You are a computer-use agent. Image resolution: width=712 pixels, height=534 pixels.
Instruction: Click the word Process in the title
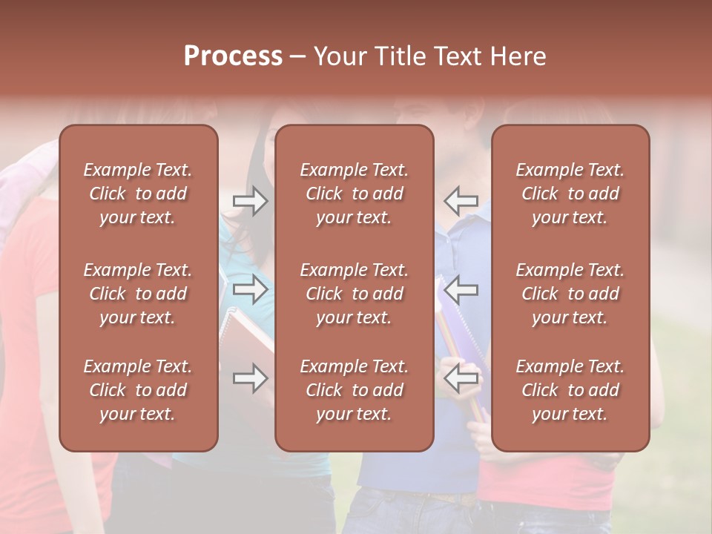point(233,56)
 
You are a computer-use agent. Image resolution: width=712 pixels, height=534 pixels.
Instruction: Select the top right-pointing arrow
point(250,201)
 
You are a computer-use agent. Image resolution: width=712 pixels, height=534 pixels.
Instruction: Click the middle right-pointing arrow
point(250,289)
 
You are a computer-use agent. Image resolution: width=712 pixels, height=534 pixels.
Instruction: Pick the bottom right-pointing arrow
point(250,378)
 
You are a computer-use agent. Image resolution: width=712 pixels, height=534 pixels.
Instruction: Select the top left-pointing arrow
point(461,201)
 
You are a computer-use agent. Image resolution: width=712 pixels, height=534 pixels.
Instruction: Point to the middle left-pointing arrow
point(461,289)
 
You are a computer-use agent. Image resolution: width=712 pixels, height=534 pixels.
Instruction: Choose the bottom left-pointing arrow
point(461,378)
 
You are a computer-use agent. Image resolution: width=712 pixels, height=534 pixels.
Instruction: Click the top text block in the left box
point(138,194)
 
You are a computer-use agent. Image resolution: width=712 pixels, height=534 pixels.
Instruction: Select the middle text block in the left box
point(138,294)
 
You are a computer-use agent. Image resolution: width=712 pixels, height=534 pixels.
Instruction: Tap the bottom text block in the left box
point(138,390)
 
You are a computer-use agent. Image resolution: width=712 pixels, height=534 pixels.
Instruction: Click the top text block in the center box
point(355,194)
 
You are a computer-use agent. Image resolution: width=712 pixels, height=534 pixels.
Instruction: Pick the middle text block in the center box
point(355,294)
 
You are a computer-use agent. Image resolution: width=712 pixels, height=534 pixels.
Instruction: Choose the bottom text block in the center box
point(355,390)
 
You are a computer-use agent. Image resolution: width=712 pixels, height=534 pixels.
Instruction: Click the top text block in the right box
point(570,194)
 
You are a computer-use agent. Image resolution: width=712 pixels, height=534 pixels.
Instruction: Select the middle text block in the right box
point(570,294)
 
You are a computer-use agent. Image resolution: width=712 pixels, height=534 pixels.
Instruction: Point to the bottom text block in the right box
point(570,390)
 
